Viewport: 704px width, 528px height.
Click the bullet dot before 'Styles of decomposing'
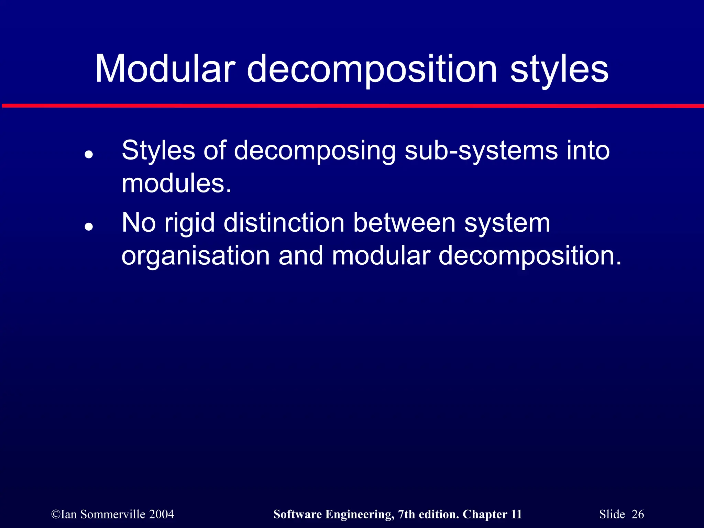pos(89,154)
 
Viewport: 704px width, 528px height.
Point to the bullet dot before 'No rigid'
pos(89,227)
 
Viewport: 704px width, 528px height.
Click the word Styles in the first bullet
pos(158,151)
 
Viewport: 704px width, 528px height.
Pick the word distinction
pos(284,223)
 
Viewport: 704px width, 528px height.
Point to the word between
pos(404,223)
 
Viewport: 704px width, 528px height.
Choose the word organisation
pos(196,256)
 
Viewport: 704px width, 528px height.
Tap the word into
pos(588,151)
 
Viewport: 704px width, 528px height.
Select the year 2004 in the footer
pos(162,514)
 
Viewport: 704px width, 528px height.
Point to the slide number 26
pos(638,514)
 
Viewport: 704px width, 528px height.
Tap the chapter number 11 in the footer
pos(516,514)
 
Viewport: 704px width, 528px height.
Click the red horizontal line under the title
pos(352,106)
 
